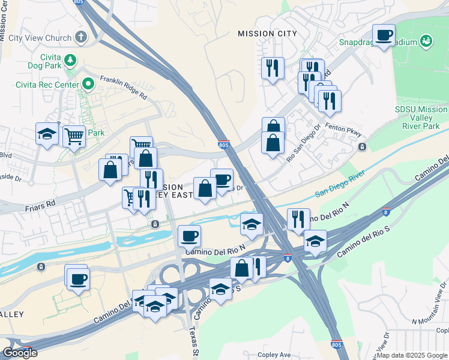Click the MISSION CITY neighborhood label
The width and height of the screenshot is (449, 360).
coord(267,34)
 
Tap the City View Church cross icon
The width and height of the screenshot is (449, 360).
coord(80,38)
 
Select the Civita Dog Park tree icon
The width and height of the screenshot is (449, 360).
coord(71,60)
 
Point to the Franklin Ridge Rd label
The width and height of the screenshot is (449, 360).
coord(123,88)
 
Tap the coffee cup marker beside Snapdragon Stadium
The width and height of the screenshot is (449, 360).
coord(384,35)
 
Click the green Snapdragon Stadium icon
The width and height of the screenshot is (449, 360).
coord(426,41)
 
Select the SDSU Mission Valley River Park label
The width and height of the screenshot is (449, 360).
coord(421,118)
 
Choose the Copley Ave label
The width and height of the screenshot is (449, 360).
coord(274,355)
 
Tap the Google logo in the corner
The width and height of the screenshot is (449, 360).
coord(20,353)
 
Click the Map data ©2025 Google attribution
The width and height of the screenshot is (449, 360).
coord(412,355)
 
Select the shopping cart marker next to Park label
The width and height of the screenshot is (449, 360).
coord(73,136)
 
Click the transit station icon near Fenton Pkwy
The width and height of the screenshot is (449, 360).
coord(362,147)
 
